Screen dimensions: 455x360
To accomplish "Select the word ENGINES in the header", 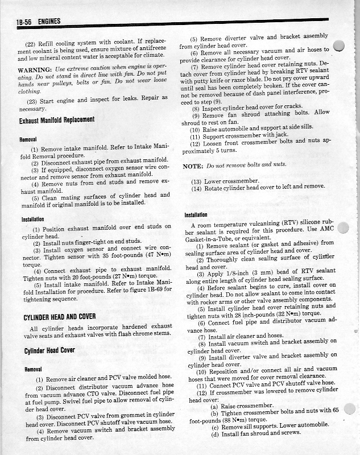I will click(49, 22).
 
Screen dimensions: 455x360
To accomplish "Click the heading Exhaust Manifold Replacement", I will click(56, 120).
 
